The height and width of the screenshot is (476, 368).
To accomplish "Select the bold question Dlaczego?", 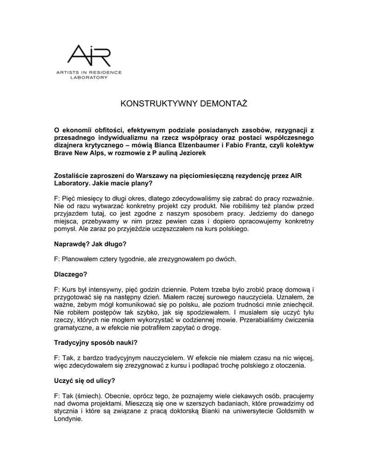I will tap(70, 274).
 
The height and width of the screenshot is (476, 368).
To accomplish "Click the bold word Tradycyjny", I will tap(73, 343).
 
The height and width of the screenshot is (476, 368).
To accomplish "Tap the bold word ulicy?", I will tap(104, 380).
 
